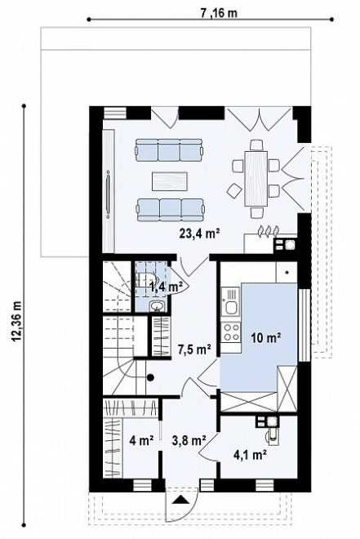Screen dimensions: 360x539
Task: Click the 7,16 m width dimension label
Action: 219,13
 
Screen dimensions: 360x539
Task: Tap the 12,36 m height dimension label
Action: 17,322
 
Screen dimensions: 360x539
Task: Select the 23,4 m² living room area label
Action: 199,234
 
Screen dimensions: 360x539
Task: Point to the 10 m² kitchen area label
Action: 266,338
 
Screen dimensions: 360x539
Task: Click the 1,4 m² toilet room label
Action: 164,287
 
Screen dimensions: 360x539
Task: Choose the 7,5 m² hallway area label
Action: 194,350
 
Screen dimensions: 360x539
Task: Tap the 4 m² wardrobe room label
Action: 141,440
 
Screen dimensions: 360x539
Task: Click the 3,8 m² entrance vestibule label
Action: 189,440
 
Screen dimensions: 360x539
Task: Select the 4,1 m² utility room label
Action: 251,455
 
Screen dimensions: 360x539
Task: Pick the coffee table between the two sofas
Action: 170,181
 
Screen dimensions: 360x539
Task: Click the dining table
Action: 256,179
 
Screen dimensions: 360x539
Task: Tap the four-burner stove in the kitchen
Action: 231,332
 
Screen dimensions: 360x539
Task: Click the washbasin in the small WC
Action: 158,305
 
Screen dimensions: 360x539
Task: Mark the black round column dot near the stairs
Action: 150,377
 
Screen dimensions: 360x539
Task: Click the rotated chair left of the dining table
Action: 234,190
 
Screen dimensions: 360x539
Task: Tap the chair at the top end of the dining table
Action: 256,145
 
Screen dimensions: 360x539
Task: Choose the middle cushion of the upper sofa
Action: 169,150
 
